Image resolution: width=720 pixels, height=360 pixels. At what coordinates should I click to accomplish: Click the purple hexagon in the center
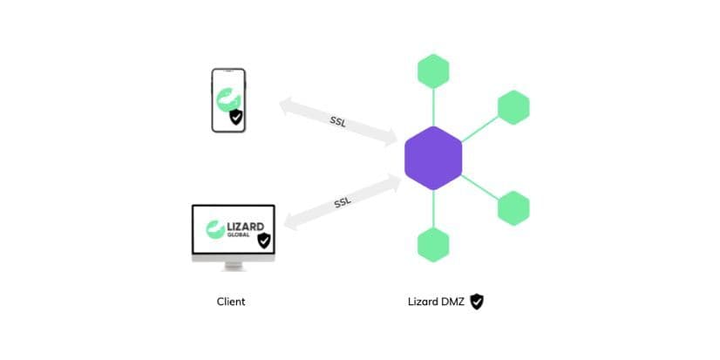click(x=433, y=158)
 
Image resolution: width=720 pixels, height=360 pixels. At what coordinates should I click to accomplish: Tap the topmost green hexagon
click(x=433, y=71)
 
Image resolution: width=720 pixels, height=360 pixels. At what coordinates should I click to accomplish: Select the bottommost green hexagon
click(x=433, y=245)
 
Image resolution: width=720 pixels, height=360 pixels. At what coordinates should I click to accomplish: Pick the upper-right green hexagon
click(x=513, y=107)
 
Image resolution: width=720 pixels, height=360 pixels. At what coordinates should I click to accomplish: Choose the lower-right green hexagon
click(x=513, y=208)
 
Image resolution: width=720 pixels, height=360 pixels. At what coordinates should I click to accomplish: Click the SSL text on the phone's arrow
click(x=338, y=121)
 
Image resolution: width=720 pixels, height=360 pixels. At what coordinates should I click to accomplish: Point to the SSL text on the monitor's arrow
click(x=343, y=203)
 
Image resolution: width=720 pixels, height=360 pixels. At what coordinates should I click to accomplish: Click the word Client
click(x=231, y=302)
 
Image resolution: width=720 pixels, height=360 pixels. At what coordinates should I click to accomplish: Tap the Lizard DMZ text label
click(x=435, y=302)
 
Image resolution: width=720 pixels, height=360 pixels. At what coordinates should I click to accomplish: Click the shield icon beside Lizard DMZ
click(x=477, y=302)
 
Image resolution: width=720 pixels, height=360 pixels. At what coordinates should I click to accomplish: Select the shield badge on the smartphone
click(x=235, y=117)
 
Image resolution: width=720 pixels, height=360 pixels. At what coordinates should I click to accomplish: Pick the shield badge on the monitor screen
click(x=263, y=240)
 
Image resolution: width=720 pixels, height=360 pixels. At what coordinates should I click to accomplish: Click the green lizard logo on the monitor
click(x=214, y=231)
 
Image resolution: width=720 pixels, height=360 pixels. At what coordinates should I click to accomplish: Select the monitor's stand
click(x=233, y=265)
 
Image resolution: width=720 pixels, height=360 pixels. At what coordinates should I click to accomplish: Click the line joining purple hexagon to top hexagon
click(x=433, y=107)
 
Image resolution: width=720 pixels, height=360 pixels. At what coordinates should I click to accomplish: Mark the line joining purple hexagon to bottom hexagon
click(x=433, y=209)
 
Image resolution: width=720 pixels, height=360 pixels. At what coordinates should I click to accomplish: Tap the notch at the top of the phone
click(x=228, y=71)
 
